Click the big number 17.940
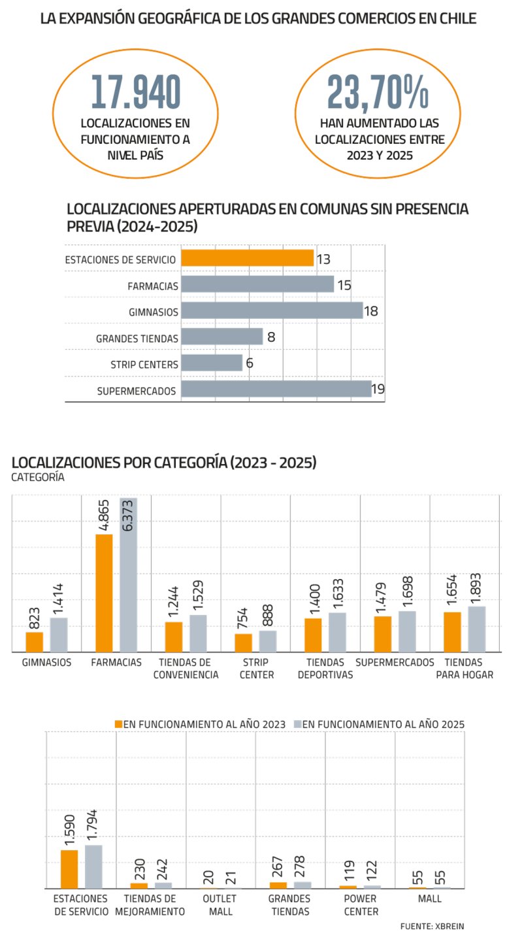tap(135, 91)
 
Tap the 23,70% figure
tap(378, 91)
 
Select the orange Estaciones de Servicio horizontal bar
tap(247, 258)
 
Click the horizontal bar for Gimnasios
tap(271, 310)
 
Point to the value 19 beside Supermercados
tap(378, 390)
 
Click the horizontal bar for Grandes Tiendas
tap(221, 337)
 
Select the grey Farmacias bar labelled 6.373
tap(129, 575)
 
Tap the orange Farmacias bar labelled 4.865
tap(104, 593)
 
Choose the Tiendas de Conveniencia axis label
tap(186, 669)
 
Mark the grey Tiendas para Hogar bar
tap(477, 629)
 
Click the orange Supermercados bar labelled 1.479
tap(383, 634)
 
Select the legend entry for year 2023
tap(200, 724)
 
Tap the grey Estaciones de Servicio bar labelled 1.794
tap(93, 867)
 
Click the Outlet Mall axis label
tap(220, 905)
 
